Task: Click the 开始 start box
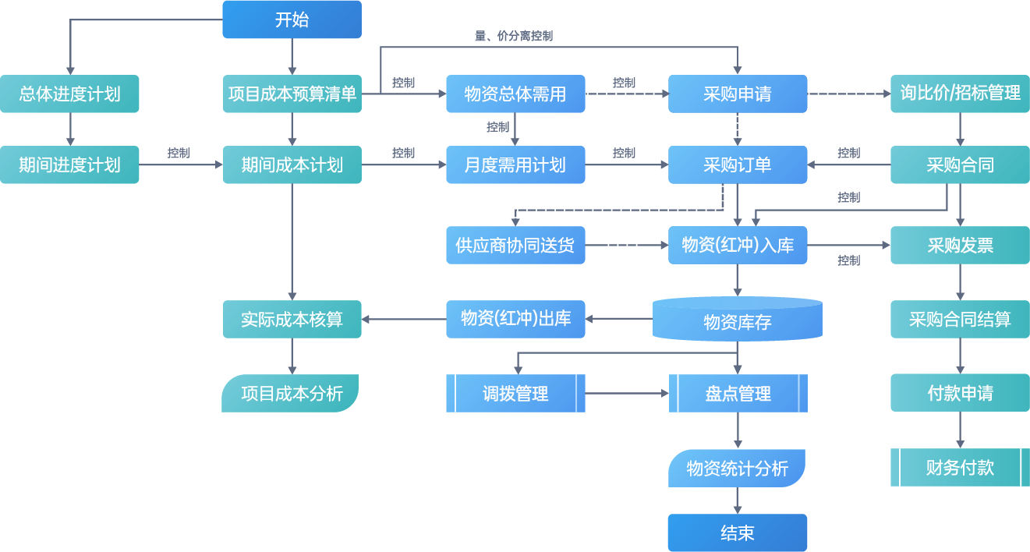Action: pyautogui.click(x=292, y=19)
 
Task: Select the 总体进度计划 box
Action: pyautogui.click(x=69, y=94)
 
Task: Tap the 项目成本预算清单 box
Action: pyautogui.click(x=292, y=94)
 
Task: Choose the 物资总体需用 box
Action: pyautogui.click(x=515, y=94)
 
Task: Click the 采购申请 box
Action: pyautogui.click(x=737, y=94)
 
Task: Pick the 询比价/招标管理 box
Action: pyautogui.click(x=960, y=94)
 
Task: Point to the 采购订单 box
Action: pyautogui.click(x=737, y=165)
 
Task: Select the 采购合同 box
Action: pyautogui.click(x=960, y=165)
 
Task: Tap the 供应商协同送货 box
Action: pyautogui.click(x=515, y=245)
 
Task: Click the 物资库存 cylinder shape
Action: pyautogui.click(x=737, y=320)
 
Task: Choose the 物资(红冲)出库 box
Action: pyautogui.click(x=515, y=318)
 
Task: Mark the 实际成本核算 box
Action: pyautogui.click(x=292, y=319)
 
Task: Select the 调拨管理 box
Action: pyautogui.click(x=515, y=393)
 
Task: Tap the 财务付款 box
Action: pyautogui.click(x=960, y=467)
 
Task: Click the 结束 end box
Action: pyautogui.click(x=737, y=533)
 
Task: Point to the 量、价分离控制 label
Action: pyautogui.click(x=514, y=36)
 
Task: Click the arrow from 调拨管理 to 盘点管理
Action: pyautogui.click(x=627, y=393)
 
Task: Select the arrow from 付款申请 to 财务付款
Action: pyautogui.click(x=960, y=430)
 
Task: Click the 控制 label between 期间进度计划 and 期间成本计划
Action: pyautogui.click(x=179, y=153)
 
